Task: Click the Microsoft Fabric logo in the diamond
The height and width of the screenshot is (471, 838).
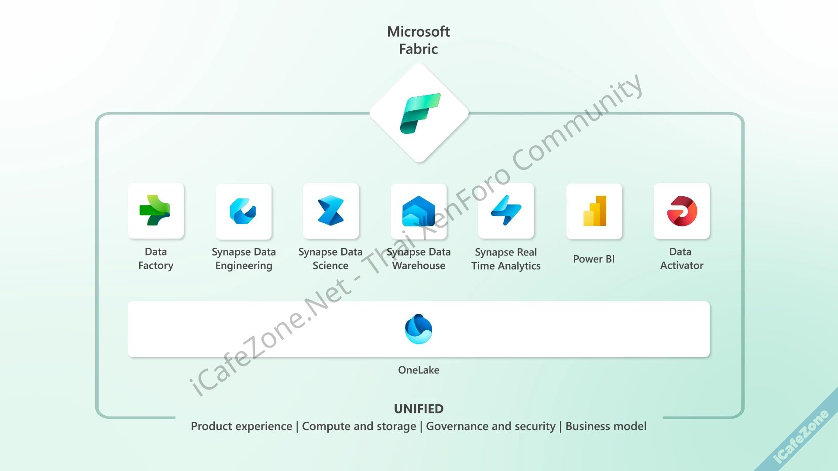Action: (419, 113)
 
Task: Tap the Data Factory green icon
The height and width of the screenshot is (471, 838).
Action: (155, 211)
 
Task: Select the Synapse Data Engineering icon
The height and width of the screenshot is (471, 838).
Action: (243, 212)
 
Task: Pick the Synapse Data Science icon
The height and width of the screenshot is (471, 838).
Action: (331, 211)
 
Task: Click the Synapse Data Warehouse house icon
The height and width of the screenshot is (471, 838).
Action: (419, 212)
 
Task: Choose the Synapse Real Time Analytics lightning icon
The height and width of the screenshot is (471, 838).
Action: (506, 211)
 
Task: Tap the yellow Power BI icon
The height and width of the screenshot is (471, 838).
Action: (594, 211)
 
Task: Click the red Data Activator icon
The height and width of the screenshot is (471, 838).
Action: (682, 211)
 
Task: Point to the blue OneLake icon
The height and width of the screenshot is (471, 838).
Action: (419, 329)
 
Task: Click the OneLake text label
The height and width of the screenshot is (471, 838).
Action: (419, 370)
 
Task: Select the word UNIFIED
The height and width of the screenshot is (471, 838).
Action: (419, 409)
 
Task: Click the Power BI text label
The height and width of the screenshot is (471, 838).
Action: (594, 259)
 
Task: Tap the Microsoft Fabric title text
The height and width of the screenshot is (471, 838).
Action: (418, 40)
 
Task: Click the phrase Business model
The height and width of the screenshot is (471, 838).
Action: (606, 426)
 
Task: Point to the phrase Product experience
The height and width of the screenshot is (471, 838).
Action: (241, 426)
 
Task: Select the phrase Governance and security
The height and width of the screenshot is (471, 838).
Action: (491, 426)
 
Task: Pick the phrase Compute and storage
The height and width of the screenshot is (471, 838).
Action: (359, 426)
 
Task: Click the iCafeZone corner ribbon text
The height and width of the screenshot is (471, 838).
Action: (800, 437)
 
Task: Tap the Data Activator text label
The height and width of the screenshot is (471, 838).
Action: (681, 259)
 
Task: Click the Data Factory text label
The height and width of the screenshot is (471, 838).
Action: (156, 259)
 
